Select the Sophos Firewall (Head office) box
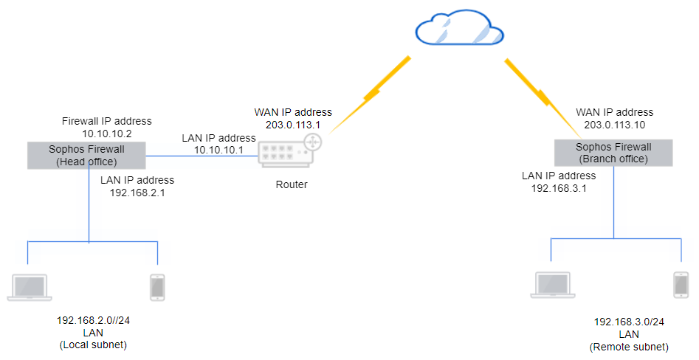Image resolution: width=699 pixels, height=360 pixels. coord(86,155)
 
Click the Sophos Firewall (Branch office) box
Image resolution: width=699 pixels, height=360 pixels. coord(613,153)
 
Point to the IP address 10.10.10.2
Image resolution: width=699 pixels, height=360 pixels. coord(107,134)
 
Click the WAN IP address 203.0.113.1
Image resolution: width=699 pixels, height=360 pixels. coord(293,125)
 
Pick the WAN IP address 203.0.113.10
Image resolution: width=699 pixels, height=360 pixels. coord(614,125)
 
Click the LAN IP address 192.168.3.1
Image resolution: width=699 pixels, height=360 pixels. coord(559,188)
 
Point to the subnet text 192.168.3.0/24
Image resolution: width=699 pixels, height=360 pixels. coord(629,323)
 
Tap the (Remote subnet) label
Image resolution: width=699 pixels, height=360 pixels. coord(629,347)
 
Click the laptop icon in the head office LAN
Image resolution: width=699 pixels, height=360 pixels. coord(30,286)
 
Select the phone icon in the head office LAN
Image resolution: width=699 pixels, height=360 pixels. coord(156,286)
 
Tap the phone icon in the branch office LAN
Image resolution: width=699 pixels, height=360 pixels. coord(681,285)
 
